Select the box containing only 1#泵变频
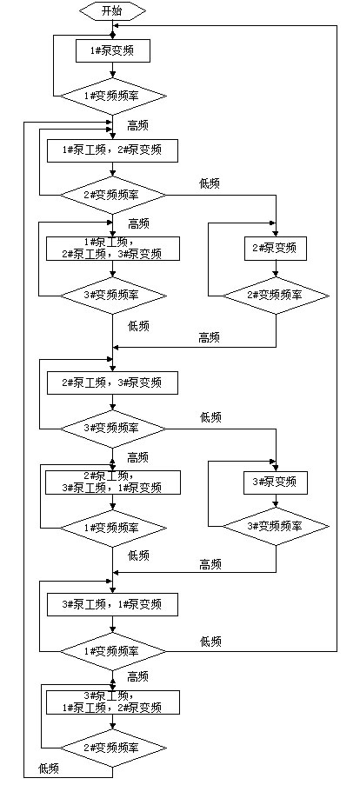point(113,50)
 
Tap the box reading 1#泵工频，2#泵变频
point(113,150)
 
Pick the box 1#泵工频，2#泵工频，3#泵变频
point(113,249)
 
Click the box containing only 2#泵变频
point(275,248)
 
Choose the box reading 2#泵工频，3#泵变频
point(113,383)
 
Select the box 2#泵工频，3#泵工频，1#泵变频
point(113,481)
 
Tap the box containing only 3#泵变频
point(275,482)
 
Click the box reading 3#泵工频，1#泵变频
point(113,605)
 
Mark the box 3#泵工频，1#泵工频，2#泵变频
point(113,702)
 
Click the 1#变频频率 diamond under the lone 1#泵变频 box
point(113,95)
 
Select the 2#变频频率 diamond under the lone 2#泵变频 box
point(276,296)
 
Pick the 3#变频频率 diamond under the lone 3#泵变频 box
point(276,526)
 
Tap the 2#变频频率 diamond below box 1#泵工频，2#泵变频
point(113,195)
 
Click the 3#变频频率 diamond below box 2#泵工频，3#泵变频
point(113,429)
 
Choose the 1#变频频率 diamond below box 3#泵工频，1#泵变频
point(113,651)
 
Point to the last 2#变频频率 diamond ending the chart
point(113,748)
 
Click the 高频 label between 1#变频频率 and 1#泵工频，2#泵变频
point(137,126)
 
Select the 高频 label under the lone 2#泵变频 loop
point(210,338)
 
